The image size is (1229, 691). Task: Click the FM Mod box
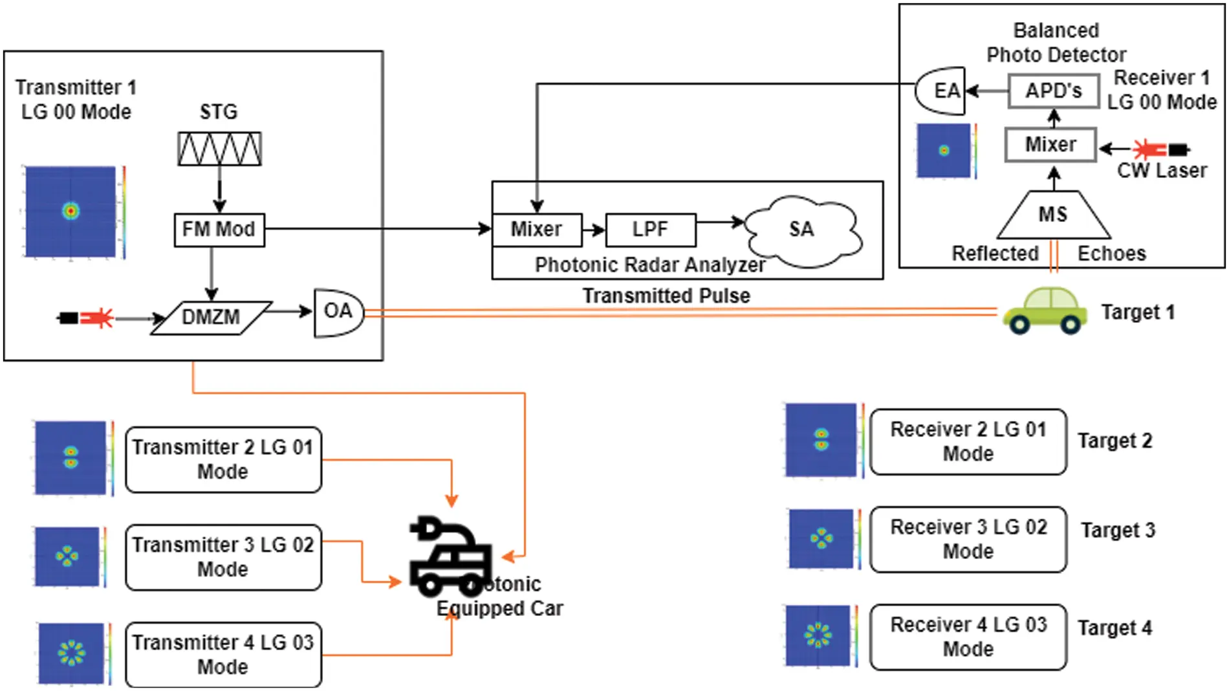(219, 230)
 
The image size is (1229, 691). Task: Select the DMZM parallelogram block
(211, 318)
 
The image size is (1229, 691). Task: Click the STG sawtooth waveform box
(219, 149)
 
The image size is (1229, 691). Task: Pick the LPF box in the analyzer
(650, 230)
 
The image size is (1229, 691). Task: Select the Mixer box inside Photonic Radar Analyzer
(537, 230)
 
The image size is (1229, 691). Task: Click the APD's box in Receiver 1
(1053, 91)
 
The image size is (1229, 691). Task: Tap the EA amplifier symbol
(942, 91)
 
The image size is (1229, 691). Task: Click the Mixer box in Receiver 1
(1050, 144)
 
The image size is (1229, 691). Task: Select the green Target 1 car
(1045, 311)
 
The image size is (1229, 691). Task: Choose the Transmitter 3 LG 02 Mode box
(223, 557)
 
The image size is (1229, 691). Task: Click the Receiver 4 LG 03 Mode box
(968, 637)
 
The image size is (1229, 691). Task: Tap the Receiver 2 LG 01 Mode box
(968, 442)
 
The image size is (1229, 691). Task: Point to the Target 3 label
(1118, 530)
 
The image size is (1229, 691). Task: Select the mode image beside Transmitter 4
(71, 653)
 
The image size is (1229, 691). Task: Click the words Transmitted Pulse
(666, 296)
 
